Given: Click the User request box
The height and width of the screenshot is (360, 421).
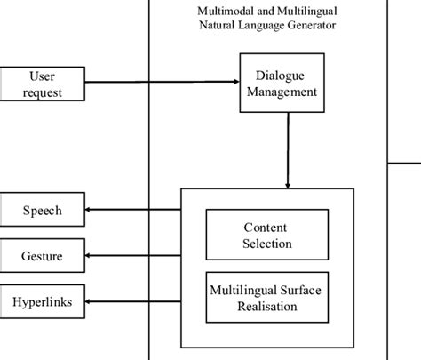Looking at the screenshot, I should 43,84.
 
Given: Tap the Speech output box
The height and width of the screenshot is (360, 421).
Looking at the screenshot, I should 43,211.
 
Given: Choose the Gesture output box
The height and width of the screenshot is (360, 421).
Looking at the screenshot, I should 43,257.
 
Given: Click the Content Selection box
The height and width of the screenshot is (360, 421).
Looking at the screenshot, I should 267,235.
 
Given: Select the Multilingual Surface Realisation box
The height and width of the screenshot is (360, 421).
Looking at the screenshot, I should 267,298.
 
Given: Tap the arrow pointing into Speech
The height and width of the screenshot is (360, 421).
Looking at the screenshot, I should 133,211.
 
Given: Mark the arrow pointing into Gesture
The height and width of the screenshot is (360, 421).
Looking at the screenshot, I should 133,257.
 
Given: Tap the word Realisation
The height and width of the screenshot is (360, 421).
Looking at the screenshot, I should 267,307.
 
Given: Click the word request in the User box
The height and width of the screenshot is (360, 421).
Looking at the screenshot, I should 43,92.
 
